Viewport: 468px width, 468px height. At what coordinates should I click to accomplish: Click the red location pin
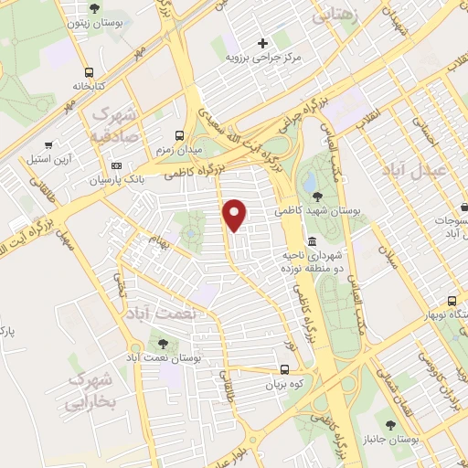(x=236, y=213)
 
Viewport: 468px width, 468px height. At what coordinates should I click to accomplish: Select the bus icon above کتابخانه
(x=89, y=72)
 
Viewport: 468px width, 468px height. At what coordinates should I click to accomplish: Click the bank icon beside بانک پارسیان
(x=116, y=165)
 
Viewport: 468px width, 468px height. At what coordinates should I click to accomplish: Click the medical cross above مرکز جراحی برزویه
(x=263, y=42)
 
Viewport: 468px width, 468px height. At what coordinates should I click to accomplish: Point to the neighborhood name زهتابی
(x=335, y=16)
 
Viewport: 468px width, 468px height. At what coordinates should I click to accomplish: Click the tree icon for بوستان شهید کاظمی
(x=317, y=196)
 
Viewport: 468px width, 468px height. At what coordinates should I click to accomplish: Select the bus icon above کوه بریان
(x=285, y=370)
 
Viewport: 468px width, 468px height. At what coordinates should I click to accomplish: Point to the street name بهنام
(x=161, y=245)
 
